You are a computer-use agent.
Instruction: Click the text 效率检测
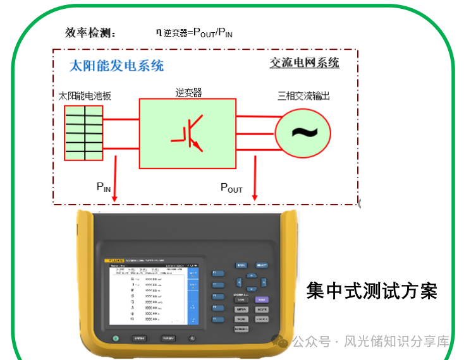pos(90,33)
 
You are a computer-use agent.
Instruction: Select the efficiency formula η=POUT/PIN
pos(194,32)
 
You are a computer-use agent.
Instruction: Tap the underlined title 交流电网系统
pos(304,63)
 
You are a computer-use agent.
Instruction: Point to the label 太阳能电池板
pos(85,96)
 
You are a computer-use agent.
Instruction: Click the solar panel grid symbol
pos(83,133)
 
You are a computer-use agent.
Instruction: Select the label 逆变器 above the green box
pos(188,92)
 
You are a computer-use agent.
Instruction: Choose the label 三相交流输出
pos(303,96)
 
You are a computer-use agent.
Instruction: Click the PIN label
pos(103,186)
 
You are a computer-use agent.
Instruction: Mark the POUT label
pos(231,187)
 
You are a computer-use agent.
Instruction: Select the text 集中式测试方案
pos(372,291)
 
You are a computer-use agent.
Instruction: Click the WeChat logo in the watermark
pos(280,342)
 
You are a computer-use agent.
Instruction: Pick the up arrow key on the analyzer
pos(251,275)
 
